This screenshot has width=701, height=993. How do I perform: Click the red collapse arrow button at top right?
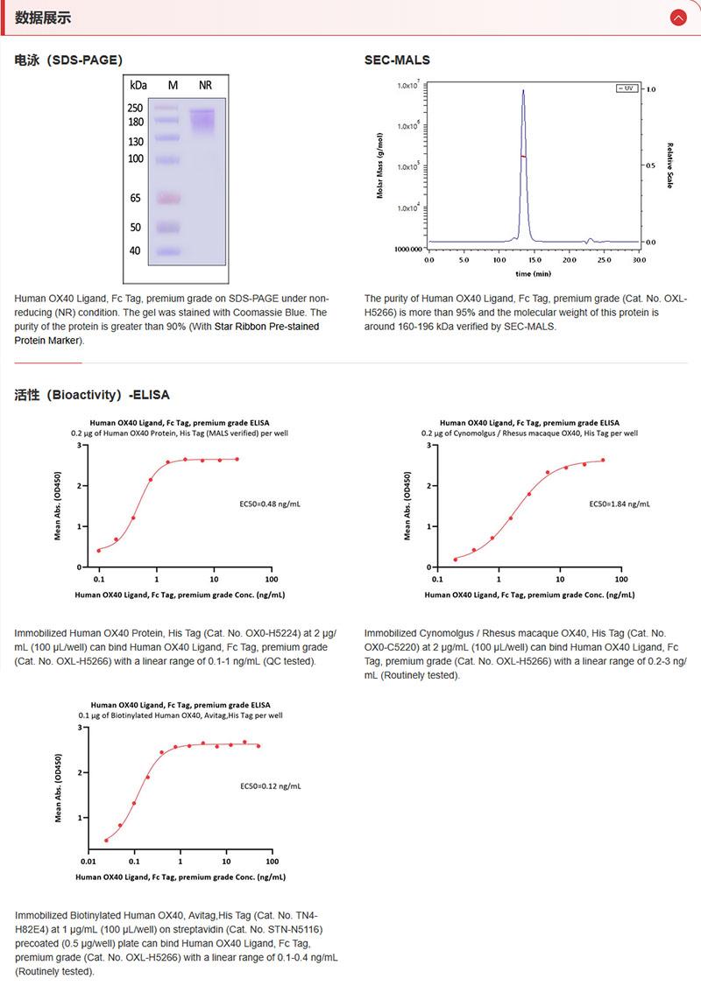(677, 18)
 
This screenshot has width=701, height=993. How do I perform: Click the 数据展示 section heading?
(43, 18)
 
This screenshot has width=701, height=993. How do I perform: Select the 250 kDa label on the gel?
(136, 108)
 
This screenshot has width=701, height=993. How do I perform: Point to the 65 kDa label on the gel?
(136, 198)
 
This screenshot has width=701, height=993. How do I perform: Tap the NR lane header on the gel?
(205, 85)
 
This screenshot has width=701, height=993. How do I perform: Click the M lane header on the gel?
(173, 85)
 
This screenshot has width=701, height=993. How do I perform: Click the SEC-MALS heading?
(397, 60)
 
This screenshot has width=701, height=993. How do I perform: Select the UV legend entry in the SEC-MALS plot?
(627, 88)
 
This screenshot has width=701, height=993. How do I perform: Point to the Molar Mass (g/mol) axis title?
(380, 165)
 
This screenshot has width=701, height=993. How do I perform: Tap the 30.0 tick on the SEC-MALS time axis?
(639, 260)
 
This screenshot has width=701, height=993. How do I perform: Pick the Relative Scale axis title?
(669, 165)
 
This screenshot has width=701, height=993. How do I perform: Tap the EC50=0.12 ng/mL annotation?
(270, 786)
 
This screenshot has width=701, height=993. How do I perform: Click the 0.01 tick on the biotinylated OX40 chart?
(89, 861)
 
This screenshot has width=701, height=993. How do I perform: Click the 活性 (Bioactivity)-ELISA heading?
(92, 395)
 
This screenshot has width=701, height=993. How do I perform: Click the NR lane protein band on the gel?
(203, 117)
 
